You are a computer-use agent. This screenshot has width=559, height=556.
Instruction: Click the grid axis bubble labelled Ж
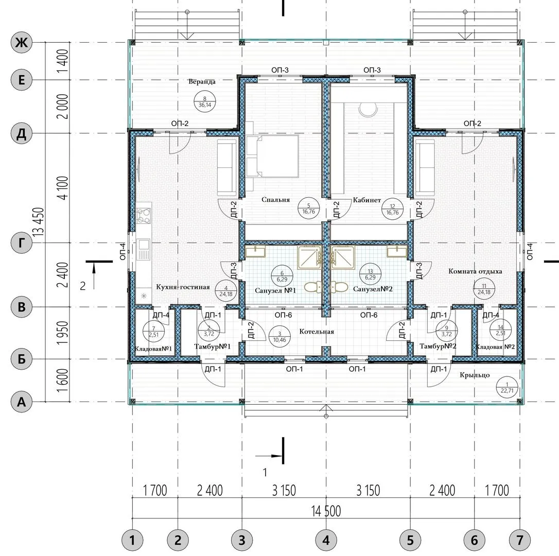[x=22, y=43]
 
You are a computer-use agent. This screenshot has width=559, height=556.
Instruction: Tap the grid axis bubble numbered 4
[x=326, y=541]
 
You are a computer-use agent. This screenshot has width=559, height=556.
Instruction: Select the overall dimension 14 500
[x=326, y=511]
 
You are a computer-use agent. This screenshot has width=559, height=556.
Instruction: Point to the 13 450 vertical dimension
[x=39, y=221]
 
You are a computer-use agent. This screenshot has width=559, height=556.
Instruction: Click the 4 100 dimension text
[x=63, y=188]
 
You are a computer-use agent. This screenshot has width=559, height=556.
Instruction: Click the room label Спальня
[x=275, y=200]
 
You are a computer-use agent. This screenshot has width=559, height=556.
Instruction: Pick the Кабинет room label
[x=367, y=200]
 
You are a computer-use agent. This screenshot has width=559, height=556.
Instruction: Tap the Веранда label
[x=202, y=82]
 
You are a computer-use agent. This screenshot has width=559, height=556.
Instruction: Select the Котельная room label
[x=317, y=332]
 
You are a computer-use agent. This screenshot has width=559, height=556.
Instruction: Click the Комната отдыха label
[x=475, y=271]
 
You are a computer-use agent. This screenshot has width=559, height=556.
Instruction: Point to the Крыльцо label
[x=475, y=375]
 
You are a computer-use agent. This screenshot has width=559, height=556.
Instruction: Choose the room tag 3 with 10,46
[x=279, y=337]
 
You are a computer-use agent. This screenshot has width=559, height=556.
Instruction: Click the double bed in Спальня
[x=272, y=156]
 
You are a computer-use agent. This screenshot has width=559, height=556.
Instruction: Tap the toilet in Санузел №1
[x=313, y=287]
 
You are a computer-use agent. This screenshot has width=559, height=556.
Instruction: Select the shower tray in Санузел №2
[x=343, y=257]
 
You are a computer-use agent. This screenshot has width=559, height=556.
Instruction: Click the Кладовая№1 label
[x=153, y=349]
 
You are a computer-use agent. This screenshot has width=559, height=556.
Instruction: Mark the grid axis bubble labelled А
[x=22, y=402]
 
